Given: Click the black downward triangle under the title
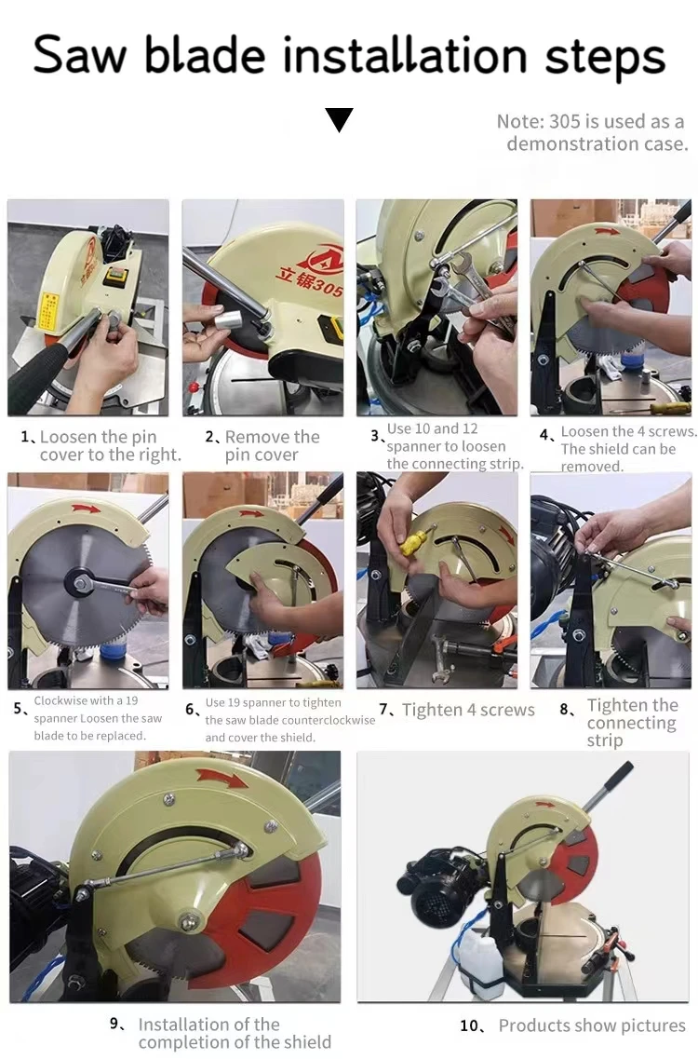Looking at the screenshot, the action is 339,119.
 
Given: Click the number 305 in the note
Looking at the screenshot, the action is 564,122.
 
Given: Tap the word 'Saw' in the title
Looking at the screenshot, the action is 80,55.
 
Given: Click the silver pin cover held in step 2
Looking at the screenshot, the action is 230,319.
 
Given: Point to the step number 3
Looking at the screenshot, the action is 376,436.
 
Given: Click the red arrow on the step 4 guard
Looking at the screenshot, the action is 606,231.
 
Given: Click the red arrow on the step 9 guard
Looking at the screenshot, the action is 222,780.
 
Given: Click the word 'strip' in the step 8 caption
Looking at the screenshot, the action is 605,740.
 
